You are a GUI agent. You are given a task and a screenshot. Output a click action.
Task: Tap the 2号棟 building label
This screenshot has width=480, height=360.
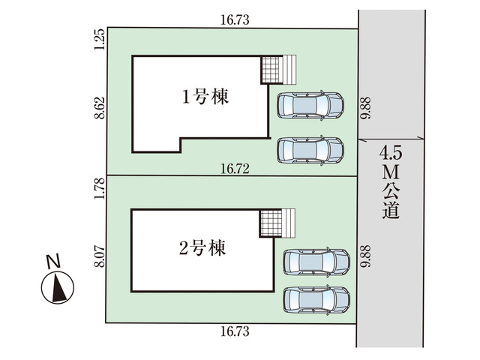[x=202, y=247]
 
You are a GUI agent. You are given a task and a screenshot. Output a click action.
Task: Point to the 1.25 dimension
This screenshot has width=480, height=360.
[x=97, y=38]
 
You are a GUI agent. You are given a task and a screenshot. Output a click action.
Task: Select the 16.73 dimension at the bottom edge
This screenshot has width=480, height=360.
[x=235, y=331]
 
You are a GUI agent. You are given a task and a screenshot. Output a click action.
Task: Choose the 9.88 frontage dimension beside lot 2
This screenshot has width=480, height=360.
[x=364, y=256]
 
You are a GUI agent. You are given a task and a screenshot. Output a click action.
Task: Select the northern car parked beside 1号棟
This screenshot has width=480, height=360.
[x=310, y=106]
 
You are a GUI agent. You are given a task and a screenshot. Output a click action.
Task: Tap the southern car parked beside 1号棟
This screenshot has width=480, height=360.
[x=310, y=150]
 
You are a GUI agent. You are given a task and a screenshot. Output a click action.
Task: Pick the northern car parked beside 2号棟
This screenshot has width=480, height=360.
[x=316, y=262]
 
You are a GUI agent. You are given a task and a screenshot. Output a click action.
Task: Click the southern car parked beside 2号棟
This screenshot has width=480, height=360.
[x=316, y=300]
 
